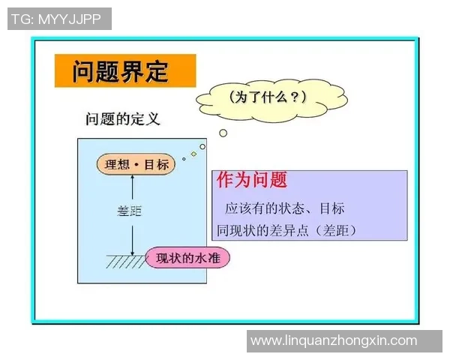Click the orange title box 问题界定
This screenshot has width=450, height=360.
(124, 71)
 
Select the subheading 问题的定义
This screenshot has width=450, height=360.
(123, 119)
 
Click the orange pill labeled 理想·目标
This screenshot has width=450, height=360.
(136, 165)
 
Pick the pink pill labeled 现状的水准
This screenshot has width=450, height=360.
(187, 259)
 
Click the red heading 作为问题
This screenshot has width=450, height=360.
(251, 181)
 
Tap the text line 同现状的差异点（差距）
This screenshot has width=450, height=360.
(286, 230)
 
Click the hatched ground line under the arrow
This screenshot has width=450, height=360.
(125, 262)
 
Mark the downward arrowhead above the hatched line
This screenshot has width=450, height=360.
(132, 253)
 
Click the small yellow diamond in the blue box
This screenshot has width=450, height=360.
(193, 154)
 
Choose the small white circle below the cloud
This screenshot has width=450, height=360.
(223, 133)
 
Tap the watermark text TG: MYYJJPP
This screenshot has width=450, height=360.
(59, 19)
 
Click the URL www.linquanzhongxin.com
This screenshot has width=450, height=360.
(334, 340)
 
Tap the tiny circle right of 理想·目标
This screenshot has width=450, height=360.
(202, 146)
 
